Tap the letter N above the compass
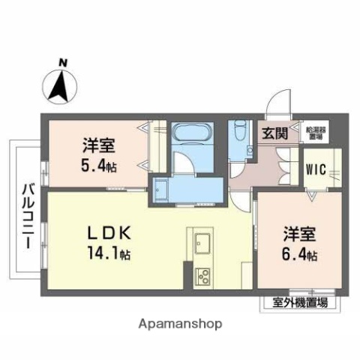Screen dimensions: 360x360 (x=64, y=63)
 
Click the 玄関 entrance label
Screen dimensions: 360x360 (x=274, y=134)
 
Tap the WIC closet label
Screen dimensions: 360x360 (x=316, y=169)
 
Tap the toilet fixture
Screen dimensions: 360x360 (x=239, y=135)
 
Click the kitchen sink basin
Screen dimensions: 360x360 (x=202, y=243)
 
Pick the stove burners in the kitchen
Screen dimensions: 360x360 (x=202, y=277)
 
